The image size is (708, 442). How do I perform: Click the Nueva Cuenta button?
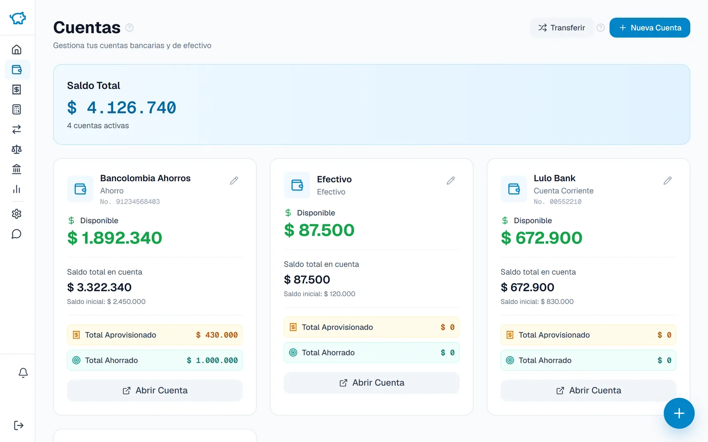point(650,27)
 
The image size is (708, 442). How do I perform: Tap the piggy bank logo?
point(18,18)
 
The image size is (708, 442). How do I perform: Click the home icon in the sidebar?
point(16,50)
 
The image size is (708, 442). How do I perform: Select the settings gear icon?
point(16,214)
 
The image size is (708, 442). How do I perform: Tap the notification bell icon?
point(23,373)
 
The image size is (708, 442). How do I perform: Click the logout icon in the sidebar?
point(18,425)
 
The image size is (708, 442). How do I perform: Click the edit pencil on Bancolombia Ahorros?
point(234,180)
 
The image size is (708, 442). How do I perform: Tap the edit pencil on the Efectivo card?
point(451,180)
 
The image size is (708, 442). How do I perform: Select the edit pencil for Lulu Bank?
point(668,180)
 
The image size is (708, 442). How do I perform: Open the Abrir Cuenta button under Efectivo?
point(371,383)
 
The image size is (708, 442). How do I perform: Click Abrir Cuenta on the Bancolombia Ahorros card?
point(154,391)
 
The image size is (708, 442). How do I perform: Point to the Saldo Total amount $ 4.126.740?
point(122,107)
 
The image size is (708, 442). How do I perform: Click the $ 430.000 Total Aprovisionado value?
point(217,335)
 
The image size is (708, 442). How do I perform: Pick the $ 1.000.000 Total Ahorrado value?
point(212,360)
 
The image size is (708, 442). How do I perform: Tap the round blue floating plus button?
point(679,413)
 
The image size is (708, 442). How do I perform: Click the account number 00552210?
point(566,202)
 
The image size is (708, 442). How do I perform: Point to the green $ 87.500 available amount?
point(319,230)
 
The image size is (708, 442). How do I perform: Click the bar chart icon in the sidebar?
point(16,189)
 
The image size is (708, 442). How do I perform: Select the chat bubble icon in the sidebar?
point(16,234)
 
